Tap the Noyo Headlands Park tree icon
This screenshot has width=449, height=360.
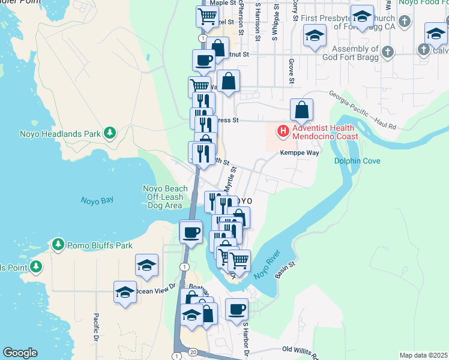[x=109, y=133]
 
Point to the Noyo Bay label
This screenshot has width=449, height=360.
[x=97, y=200]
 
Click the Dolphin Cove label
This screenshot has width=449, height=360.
[x=357, y=161]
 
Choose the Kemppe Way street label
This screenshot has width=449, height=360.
[x=299, y=153]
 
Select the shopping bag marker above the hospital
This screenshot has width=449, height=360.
[x=302, y=110]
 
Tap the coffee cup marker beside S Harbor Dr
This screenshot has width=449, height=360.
[x=237, y=310]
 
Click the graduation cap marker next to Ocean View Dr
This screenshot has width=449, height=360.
[x=125, y=292]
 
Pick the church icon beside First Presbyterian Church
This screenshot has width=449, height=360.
[x=405, y=22]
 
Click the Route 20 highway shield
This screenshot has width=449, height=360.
[x=193, y=351]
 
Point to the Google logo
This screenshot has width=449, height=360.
[x=20, y=353]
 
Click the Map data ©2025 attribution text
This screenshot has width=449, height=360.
[x=423, y=355]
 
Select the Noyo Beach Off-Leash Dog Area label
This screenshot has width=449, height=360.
[x=165, y=197]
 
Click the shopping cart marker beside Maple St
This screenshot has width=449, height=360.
[x=207, y=16]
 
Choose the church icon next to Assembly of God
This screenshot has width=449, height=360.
[x=388, y=50]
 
